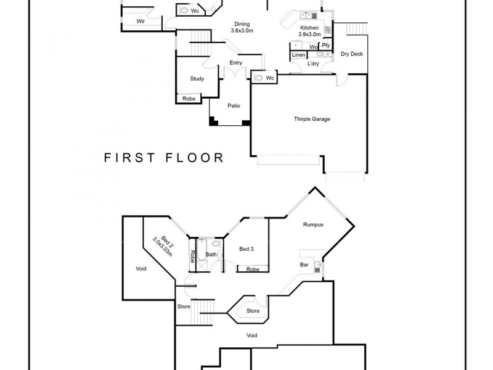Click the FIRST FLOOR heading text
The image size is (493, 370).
pos(163,157)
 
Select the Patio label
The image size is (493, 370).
pos(234,105)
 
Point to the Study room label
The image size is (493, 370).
pos(197,78)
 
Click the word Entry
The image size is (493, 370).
pos(235,62)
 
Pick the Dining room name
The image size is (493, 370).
pos(242,23)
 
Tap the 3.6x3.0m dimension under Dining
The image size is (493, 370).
pos(242,30)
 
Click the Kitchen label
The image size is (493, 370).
pos(310,28)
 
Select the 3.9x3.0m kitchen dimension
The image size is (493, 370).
pos(310,35)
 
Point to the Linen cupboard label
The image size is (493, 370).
pos(298,55)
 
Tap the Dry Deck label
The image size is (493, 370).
pos(352,54)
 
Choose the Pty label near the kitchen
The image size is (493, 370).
pos(326,45)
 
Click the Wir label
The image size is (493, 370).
pos(141,22)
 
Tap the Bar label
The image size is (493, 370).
pos(304,265)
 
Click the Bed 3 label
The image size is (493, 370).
pos(246,249)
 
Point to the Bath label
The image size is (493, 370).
pos(211,254)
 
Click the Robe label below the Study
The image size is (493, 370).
pos(189,99)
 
